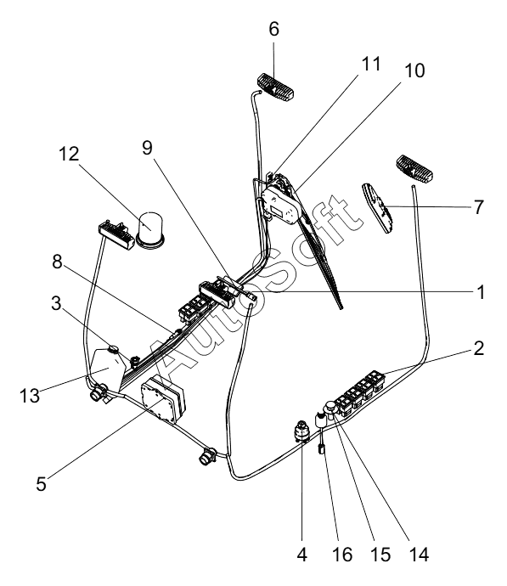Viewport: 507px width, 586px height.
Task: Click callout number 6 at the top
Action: (273, 29)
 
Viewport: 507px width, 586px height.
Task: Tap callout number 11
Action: (371, 64)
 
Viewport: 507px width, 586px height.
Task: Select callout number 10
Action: (414, 70)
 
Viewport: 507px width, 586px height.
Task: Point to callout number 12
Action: (69, 154)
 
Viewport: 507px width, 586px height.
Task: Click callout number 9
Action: (148, 148)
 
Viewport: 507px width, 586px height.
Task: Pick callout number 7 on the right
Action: (479, 207)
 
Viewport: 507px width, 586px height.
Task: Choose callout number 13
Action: (30, 396)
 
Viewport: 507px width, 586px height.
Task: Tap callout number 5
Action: (41, 483)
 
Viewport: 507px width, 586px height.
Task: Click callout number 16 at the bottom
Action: (342, 555)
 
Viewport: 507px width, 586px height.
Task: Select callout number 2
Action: (479, 348)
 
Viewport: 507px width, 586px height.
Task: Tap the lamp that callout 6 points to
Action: (275, 88)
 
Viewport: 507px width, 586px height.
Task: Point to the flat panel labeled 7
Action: (378, 208)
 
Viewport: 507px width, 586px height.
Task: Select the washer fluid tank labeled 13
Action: (107, 369)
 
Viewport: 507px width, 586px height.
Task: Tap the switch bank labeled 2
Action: (360, 392)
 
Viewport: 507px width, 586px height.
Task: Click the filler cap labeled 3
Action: (113, 350)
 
